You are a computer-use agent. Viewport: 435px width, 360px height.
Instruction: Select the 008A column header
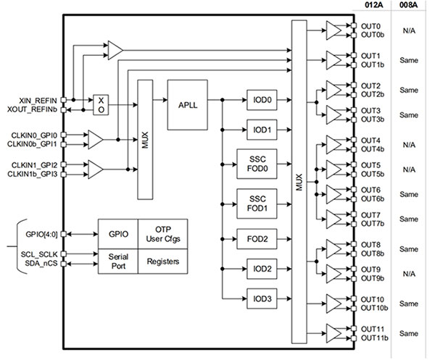(x=409, y=5)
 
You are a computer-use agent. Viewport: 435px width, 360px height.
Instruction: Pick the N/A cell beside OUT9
(x=408, y=273)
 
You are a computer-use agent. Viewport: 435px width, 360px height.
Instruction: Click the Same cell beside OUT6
(x=408, y=193)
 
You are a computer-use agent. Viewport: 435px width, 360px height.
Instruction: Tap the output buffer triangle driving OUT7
(x=336, y=218)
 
